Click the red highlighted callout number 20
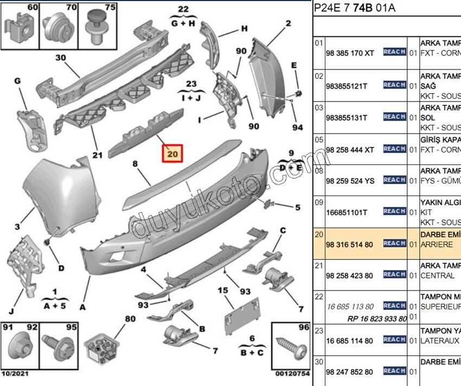pos(173,154)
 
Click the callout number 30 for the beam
pos(60,58)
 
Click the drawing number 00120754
pos(292,374)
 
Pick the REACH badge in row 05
pos(394,149)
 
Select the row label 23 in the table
pos(319,331)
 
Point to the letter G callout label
pos(17,81)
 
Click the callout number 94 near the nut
pos(297,128)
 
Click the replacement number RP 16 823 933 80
pos(376,319)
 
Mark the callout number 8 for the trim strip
pos(135,163)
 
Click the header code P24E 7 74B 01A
pos(355,8)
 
